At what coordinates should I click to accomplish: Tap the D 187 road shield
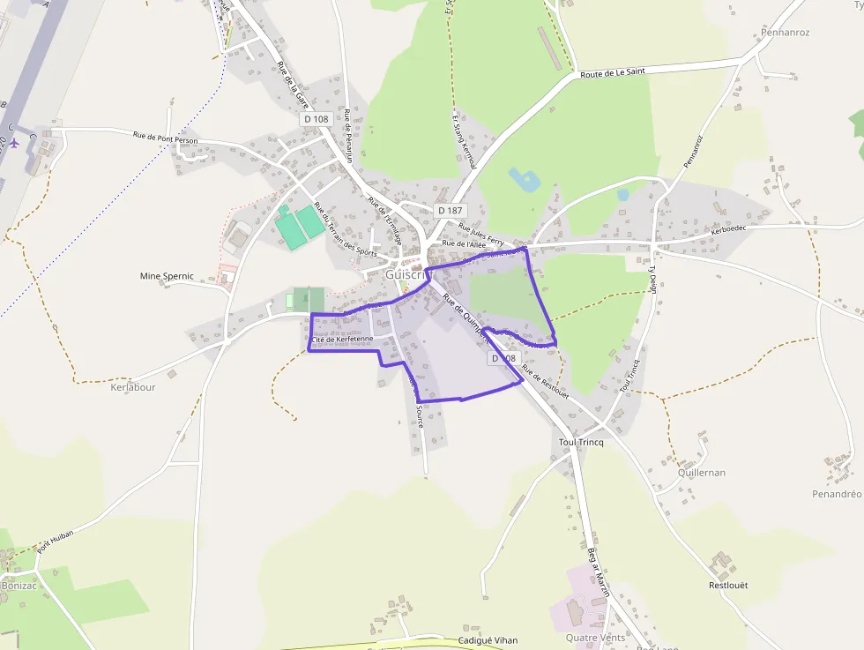point(449,211)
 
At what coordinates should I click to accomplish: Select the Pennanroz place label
point(784,33)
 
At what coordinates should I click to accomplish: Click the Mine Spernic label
point(167,276)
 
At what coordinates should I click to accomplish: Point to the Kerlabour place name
point(133,387)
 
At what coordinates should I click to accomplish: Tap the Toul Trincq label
point(581,442)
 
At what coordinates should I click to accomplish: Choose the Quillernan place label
point(702,473)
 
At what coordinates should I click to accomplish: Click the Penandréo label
point(824,495)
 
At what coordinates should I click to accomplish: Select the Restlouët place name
point(728,585)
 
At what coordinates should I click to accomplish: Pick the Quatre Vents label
point(595,638)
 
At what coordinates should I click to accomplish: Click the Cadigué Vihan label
point(488,640)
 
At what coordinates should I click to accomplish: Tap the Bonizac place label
point(19,586)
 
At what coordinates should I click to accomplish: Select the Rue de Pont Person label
point(165,138)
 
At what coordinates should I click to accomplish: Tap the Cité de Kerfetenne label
point(343,340)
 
